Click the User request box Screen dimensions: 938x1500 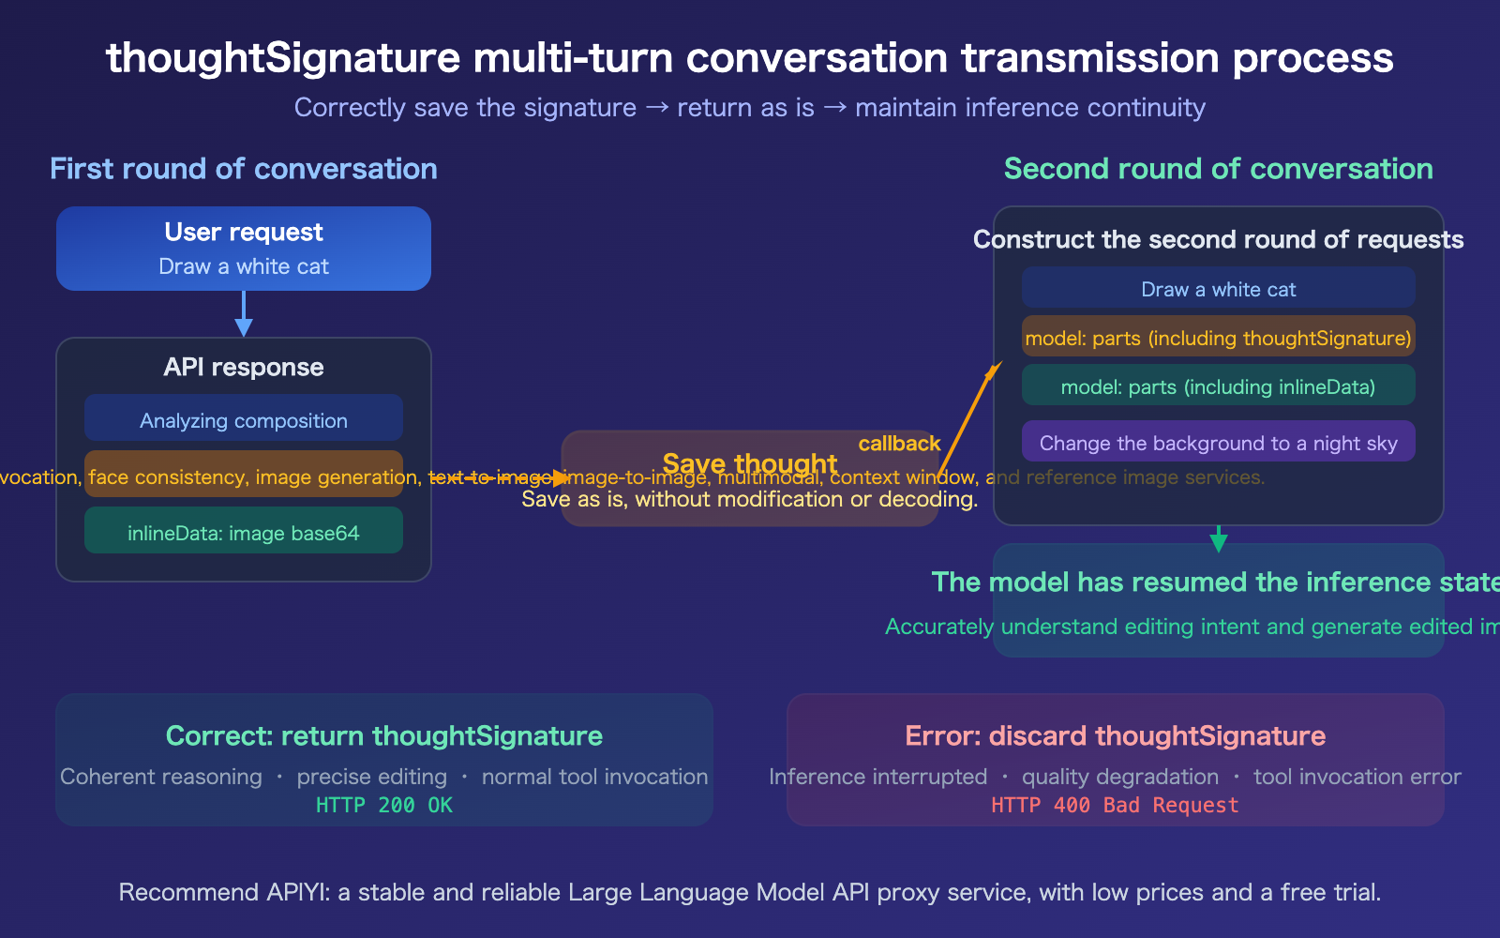(x=244, y=249)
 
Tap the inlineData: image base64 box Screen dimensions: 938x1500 (x=244, y=531)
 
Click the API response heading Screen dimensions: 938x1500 (x=244, y=367)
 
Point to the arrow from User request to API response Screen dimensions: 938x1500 (x=244, y=314)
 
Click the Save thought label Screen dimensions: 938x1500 (x=749, y=463)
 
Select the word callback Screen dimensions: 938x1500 (x=899, y=444)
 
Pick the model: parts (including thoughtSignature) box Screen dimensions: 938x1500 (x=1218, y=337)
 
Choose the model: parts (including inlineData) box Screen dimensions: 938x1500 (x=1218, y=386)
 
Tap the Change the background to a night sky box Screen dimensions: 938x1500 (x=1218, y=442)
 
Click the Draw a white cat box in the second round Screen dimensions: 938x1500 (x=1218, y=288)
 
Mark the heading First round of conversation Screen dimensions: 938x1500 (x=244, y=169)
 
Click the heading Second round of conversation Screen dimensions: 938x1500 (x=1218, y=169)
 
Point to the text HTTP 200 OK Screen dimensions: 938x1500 (x=384, y=805)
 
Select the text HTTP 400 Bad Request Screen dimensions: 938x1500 (x=1115, y=805)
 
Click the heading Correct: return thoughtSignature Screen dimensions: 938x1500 (x=384, y=735)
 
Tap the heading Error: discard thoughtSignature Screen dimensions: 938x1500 (x=1115, y=735)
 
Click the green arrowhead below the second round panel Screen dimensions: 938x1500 (x=1219, y=542)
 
